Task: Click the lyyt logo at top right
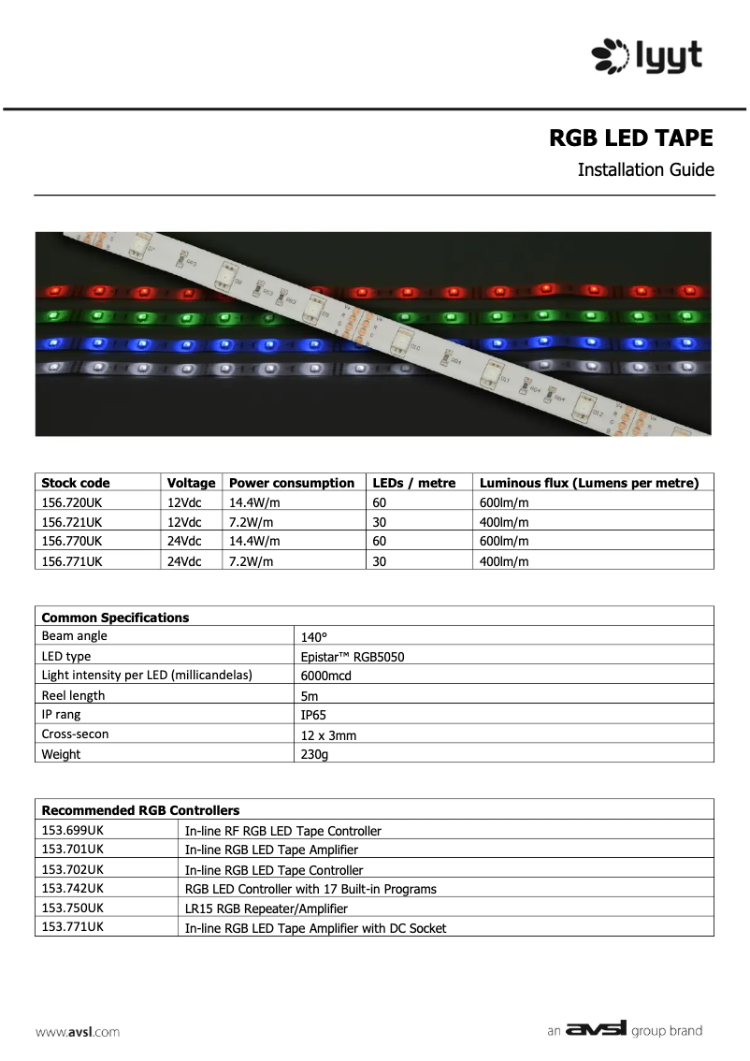(x=646, y=56)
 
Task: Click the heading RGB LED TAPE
(x=630, y=138)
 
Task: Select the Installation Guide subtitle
(x=645, y=170)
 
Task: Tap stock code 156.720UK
(x=72, y=502)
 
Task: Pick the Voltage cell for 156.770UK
(x=184, y=541)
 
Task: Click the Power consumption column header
(x=292, y=483)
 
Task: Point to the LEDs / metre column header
(x=414, y=483)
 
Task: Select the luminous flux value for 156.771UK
(x=504, y=561)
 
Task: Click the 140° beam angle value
(x=314, y=637)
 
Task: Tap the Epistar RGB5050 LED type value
(x=353, y=657)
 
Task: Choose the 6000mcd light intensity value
(x=325, y=676)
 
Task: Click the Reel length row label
(x=74, y=695)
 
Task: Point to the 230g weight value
(x=314, y=754)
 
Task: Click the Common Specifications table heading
(x=116, y=618)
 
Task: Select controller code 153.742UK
(x=73, y=888)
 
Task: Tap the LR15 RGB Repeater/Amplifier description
(x=267, y=908)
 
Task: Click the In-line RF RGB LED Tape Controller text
(x=283, y=831)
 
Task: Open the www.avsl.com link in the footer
(x=78, y=1032)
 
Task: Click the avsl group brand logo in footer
(x=625, y=1030)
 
